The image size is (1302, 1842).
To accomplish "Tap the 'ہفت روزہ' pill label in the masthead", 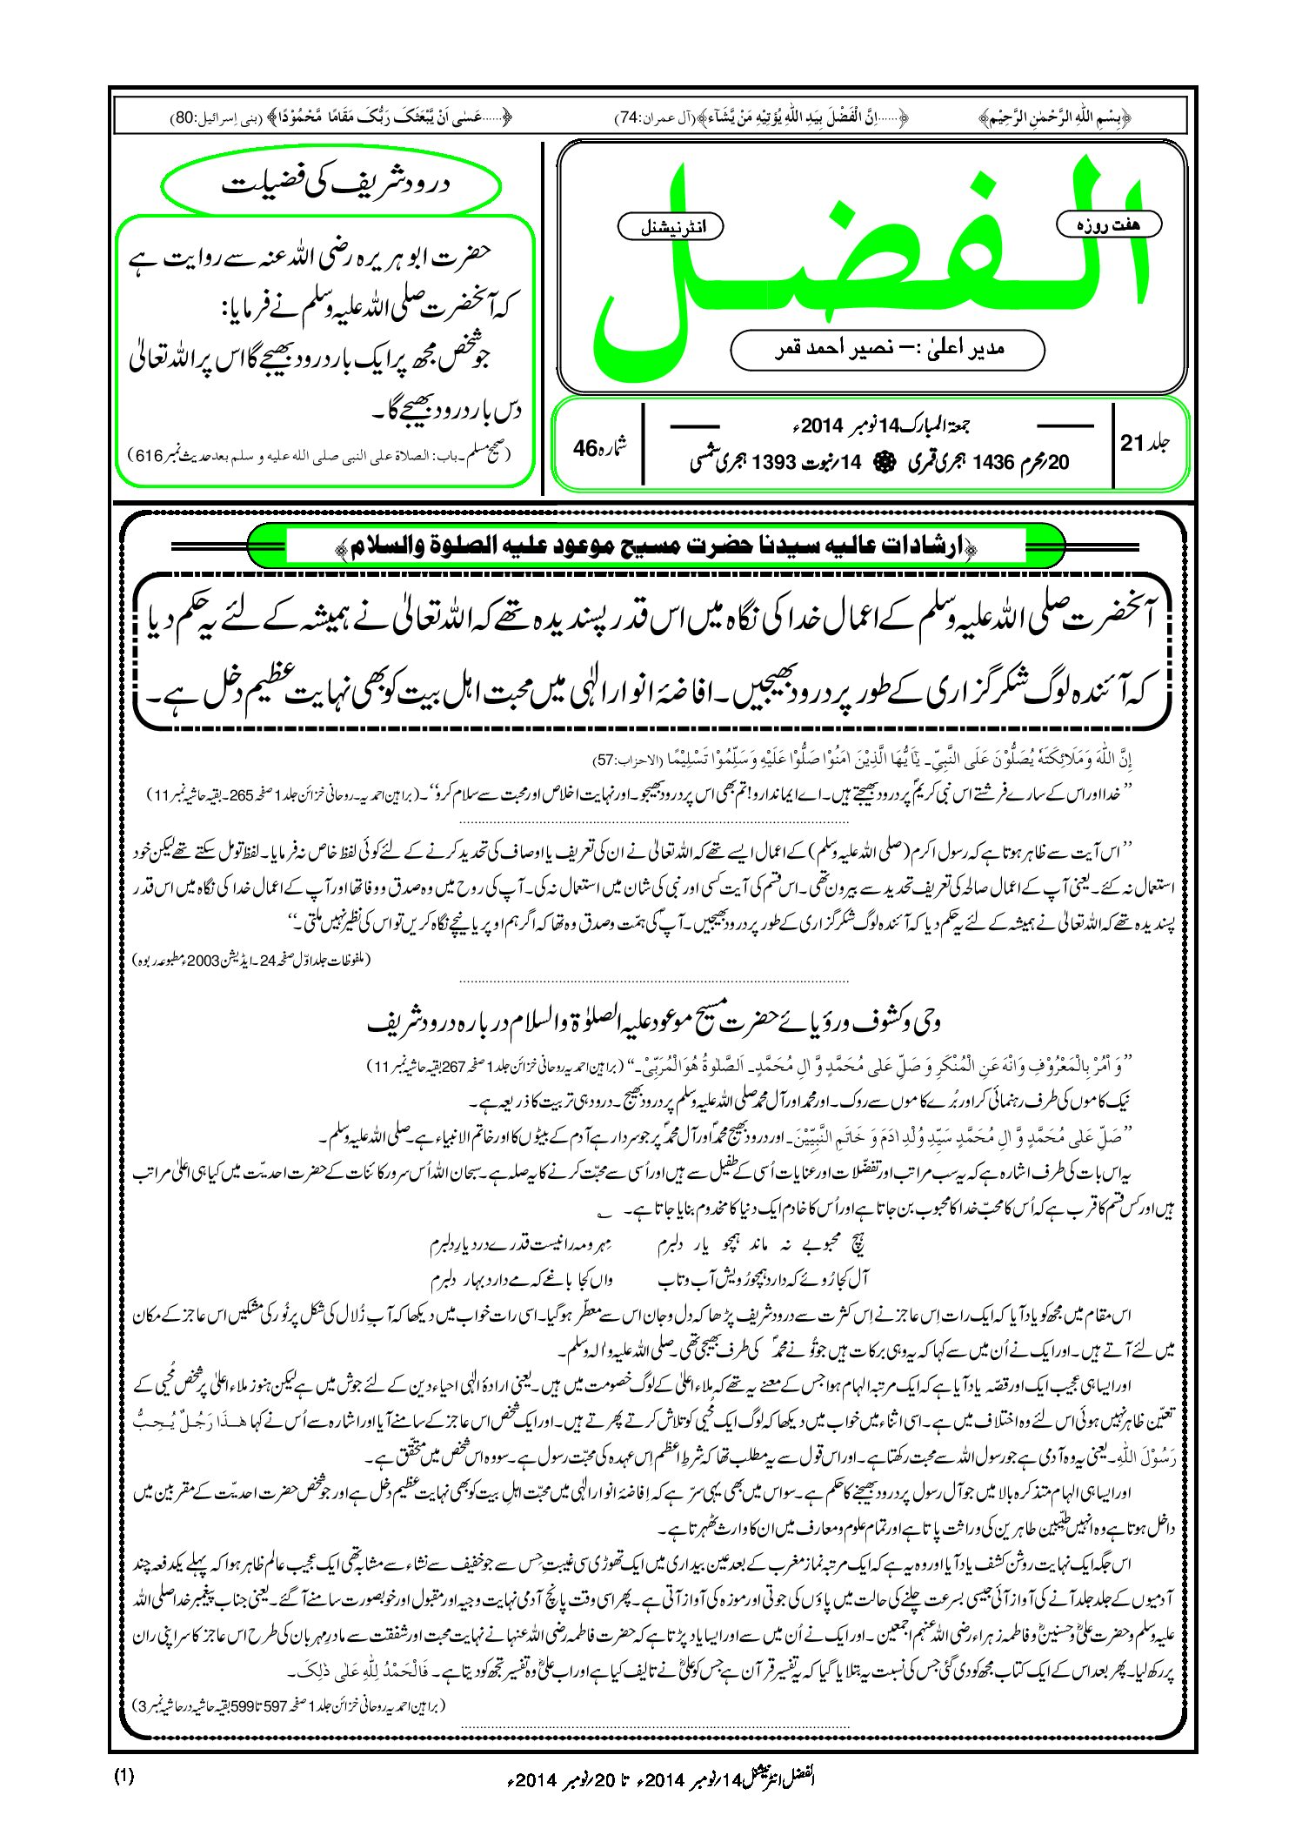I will click(x=1109, y=224).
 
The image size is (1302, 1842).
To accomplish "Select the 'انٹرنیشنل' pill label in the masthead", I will click(x=670, y=227).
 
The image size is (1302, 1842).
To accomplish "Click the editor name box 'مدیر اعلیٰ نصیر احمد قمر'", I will click(x=887, y=349).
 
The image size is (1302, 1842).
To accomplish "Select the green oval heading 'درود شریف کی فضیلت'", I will click(x=332, y=184).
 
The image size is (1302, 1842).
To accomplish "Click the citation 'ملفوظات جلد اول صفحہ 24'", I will click(x=252, y=960).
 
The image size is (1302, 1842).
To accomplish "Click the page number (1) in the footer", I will click(x=124, y=1777).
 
